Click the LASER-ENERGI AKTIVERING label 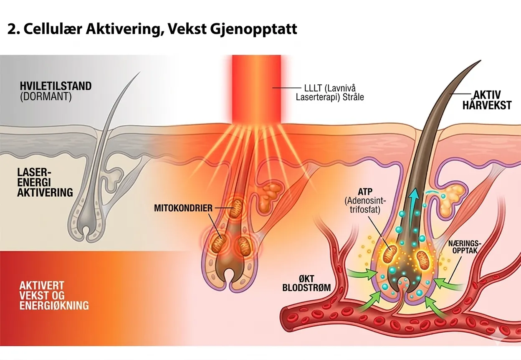(x=45, y=182)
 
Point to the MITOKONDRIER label (x=184, y=207)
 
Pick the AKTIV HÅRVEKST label (x=486, y=100)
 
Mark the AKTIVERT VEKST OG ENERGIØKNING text (x=54, y=295)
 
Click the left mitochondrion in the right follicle (x=391, y=253)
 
